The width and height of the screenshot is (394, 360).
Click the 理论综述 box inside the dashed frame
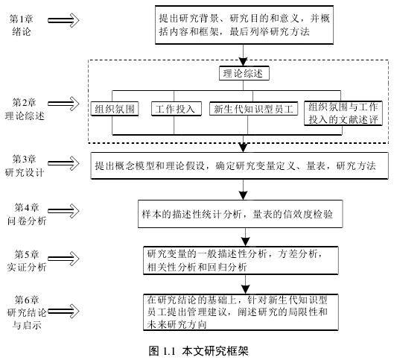pos(244,73)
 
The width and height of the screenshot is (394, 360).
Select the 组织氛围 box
pos(115,109)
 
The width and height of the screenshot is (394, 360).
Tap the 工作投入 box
pos(176,109)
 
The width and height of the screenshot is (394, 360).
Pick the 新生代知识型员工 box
pos(253,109)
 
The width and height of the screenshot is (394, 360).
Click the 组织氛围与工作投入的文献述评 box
pos(343,113)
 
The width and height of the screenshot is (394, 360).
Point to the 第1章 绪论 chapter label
pos(22,25)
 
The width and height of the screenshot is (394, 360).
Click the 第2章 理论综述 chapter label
pos(25,109)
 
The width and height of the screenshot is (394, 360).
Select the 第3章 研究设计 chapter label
pos(25,165)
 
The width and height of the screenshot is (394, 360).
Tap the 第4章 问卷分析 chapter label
pos(27,214)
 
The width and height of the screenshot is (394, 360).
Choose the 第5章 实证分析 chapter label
pos(27,261)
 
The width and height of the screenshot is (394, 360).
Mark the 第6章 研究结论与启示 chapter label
pos(27,312)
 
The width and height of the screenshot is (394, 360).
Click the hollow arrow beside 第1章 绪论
pos(63,20)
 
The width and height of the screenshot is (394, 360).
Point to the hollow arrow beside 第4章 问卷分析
pos(63,211)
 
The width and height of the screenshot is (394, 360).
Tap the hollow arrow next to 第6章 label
pos(63,312)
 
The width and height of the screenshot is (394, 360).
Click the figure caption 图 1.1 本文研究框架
pos(199,351)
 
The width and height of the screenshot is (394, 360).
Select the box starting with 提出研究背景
pos(244,25)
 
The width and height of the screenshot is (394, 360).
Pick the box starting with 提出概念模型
pos(240,165)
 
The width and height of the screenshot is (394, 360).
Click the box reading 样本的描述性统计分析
pos(241,214)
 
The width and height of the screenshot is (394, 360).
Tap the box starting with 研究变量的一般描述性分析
pos(241,260)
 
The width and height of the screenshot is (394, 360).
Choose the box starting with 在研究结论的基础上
pos(241,312)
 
